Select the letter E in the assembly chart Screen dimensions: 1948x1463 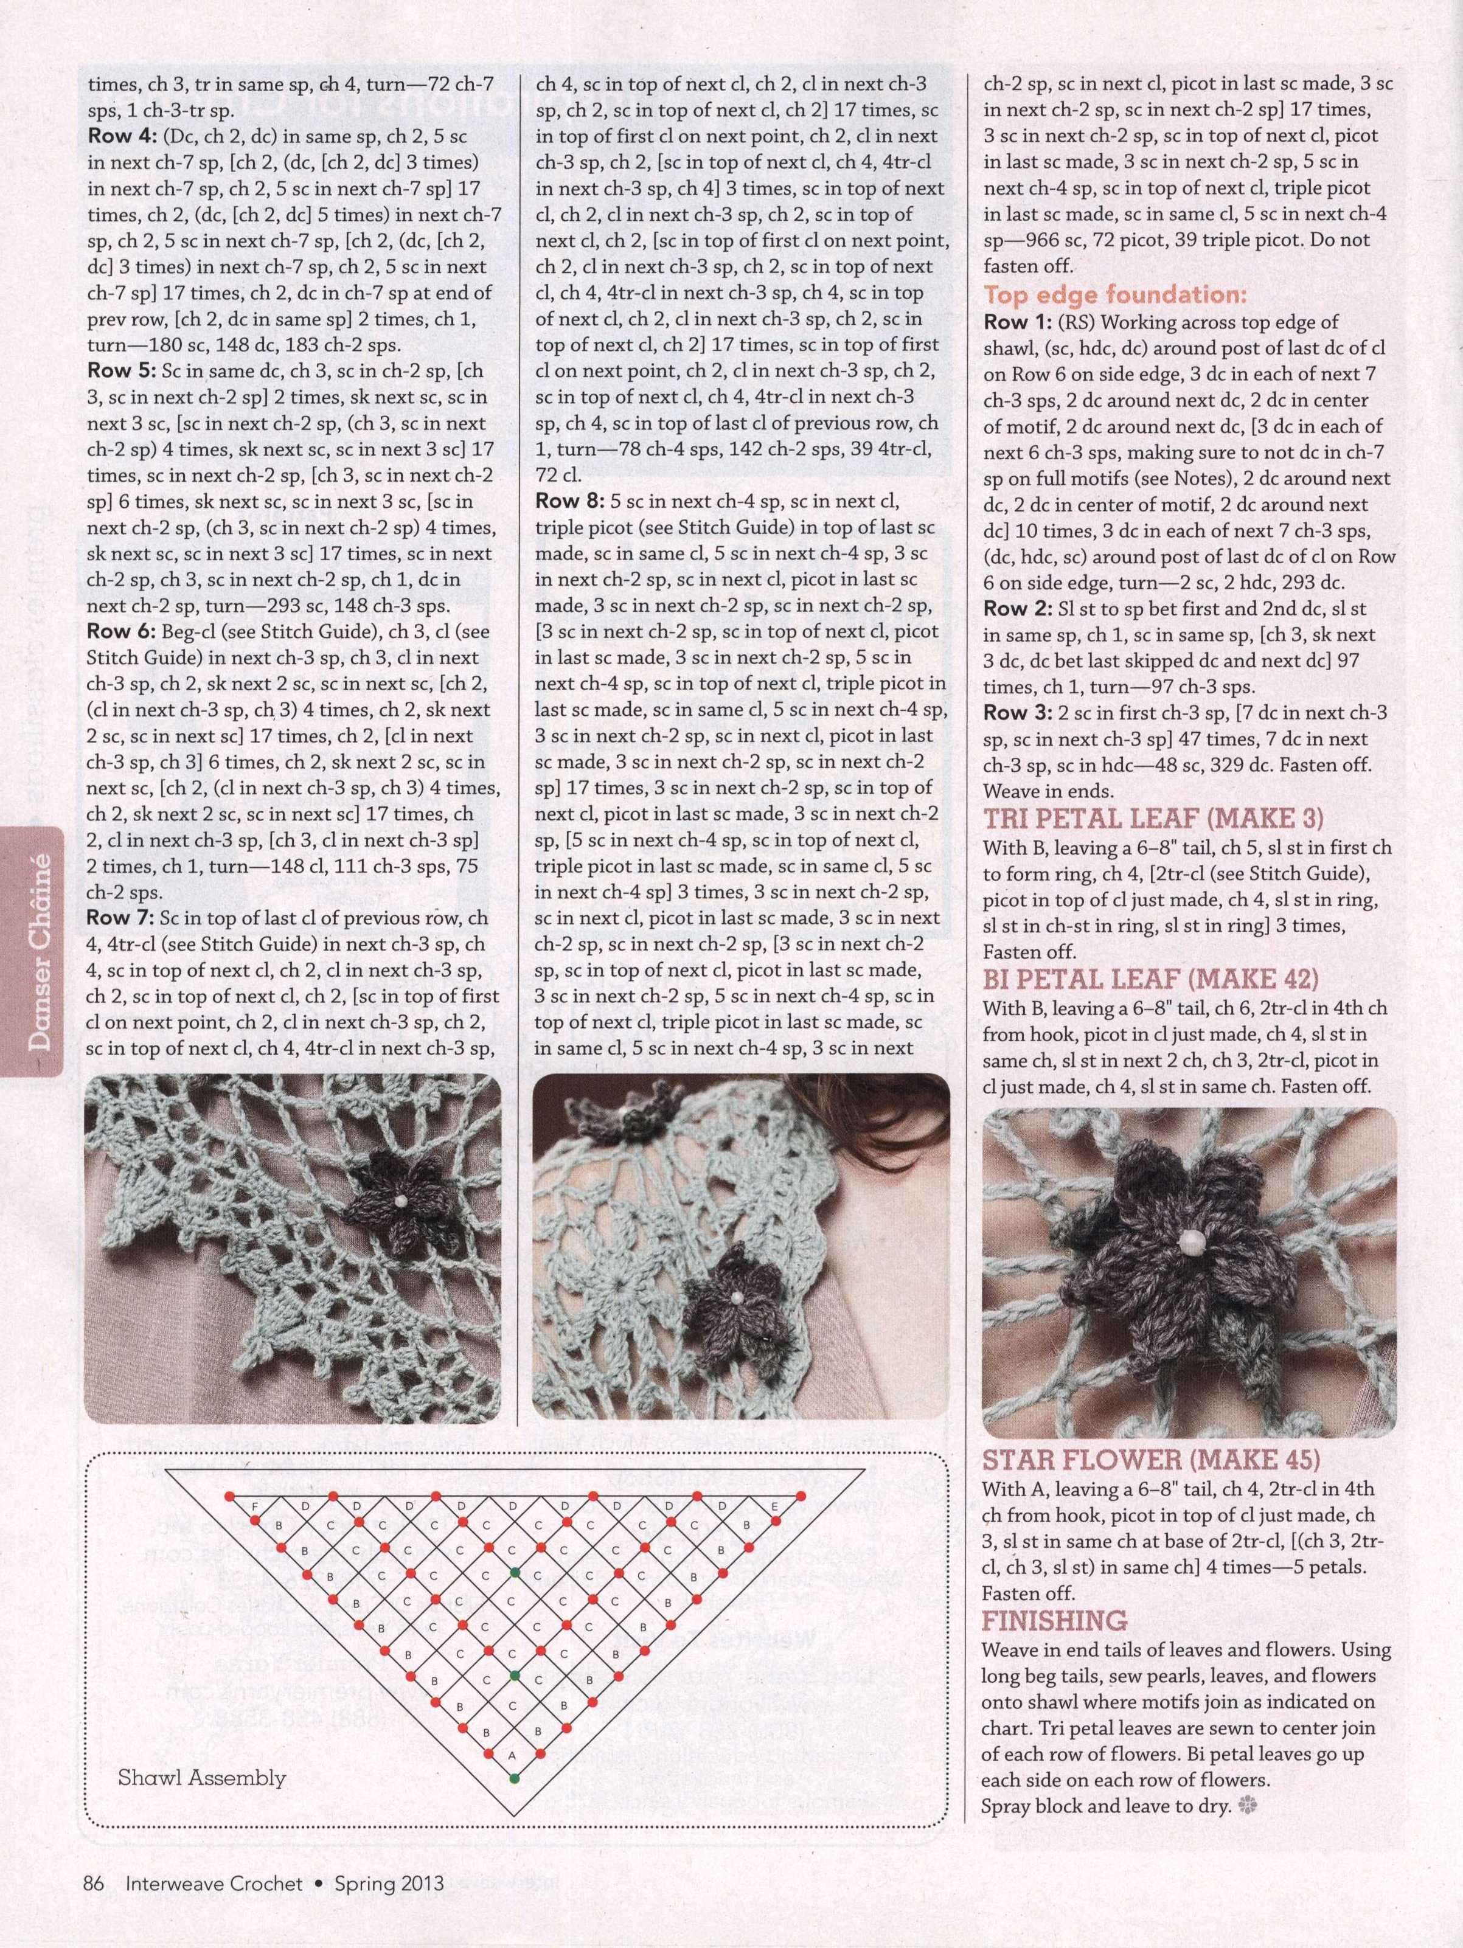pyautogui.click(x=774, y=1508)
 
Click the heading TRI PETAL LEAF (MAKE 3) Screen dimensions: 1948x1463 pyautogui.click(x=1153, y=819)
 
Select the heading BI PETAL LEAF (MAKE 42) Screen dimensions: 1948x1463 pyautogui.click(x=1150, y=979)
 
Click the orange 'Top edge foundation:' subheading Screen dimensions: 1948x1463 pyautogui.click(x=1115, y=294)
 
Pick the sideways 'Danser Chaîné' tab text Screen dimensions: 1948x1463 pyautogui.click(x=39, y=952)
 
